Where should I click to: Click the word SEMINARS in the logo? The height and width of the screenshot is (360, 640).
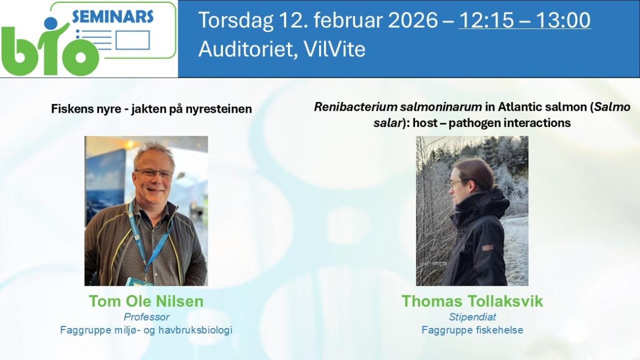click(x=113, y=17)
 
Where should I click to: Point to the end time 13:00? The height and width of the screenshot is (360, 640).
click(x=563, y=20)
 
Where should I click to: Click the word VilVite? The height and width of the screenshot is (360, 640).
click(x=334, y=49)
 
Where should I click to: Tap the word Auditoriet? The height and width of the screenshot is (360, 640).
click(x=247, y=49)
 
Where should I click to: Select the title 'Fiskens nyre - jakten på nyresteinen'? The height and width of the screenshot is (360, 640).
click(x=151, y=109)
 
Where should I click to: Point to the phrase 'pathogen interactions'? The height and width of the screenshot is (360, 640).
click(x=510, y=123)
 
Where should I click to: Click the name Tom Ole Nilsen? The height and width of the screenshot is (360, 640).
click(x=146, y=301)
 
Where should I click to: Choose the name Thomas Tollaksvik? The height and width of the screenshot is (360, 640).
click(x=472, y=301)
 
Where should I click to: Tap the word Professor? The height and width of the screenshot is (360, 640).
click(x=147, y=317)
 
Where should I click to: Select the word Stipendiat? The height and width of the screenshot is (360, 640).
click(x=472, y=317)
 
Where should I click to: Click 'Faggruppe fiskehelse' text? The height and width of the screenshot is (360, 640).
click(x=472, y=330)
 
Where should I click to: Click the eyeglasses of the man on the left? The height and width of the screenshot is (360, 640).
click(x=154, y=173)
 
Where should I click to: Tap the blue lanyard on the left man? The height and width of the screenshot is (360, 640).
click(x=146, y=240)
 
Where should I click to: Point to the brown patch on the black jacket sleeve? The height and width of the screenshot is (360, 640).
click(x=488, y=247)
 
